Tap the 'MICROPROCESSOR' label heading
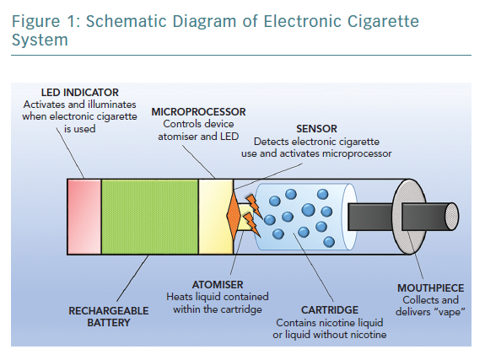coord(198,111)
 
